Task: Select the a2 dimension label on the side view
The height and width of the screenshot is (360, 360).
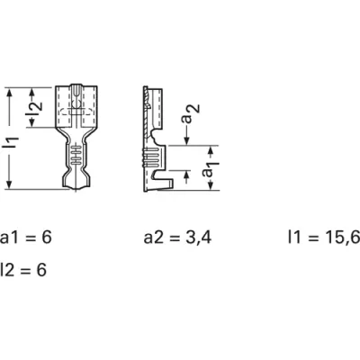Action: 191,113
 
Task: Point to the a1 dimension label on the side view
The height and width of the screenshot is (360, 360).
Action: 211,170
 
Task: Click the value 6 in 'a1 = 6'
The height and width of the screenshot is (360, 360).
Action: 47,238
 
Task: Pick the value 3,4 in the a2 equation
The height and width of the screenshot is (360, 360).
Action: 198,238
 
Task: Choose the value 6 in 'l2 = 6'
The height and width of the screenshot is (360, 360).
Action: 41,270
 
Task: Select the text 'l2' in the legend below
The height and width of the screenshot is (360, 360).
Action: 6,270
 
